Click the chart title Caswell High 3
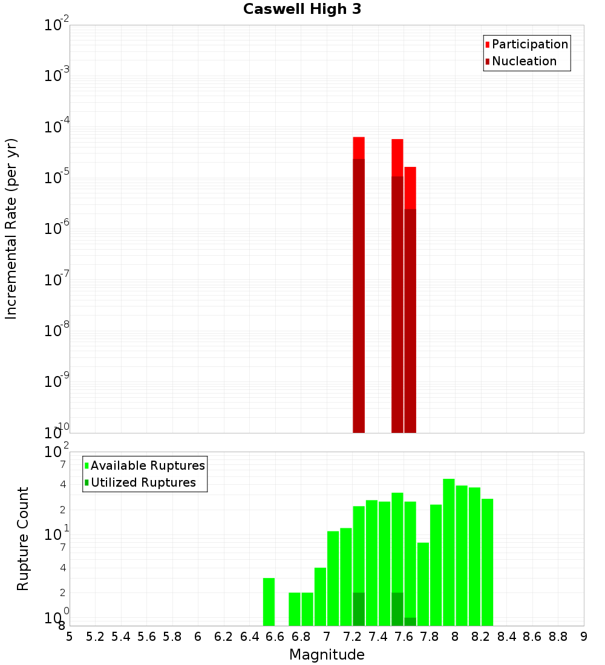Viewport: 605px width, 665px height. [302, 9]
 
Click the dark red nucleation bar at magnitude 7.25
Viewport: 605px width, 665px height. [359, 296]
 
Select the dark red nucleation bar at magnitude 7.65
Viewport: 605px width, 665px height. [410, 320]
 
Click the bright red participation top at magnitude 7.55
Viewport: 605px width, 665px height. [397, 157]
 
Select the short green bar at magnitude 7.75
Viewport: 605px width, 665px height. [423, 583]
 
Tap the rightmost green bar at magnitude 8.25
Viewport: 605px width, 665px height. [488, 562]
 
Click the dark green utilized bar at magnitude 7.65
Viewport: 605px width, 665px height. [410, 621]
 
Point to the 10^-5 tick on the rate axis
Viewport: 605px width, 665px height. [57, 178]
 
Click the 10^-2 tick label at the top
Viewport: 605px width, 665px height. [57, 25]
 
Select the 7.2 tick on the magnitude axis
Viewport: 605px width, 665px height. [352, 637]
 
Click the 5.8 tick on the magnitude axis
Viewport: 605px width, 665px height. [172, 637]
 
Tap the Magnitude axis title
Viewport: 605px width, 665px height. [327, 655]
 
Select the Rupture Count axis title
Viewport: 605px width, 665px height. [23, 538]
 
